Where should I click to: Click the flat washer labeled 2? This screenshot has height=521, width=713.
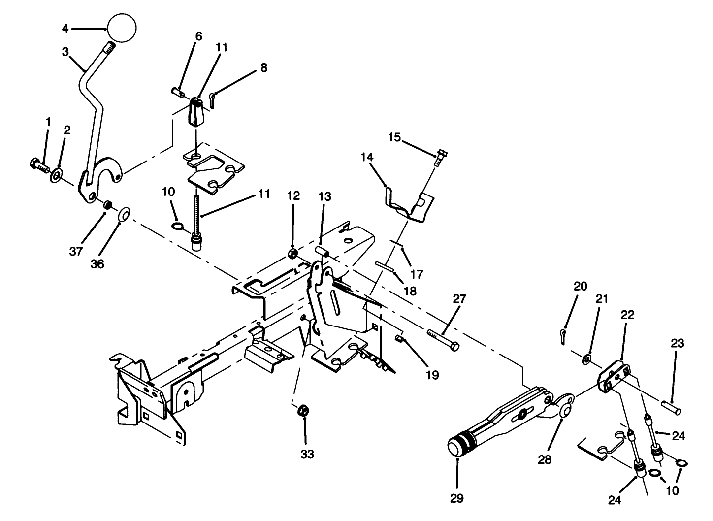(x=56, y=173)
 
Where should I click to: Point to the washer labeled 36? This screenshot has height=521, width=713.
(x=124, y=214)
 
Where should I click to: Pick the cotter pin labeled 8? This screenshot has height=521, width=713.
(x=212, y=98)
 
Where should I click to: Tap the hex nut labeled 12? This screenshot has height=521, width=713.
(x=292, y=254)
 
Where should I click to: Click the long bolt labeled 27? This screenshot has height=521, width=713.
(x=443, y=340)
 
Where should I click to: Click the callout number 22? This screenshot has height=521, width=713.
(x=627, y=314)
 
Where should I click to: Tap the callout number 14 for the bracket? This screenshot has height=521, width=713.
(x=367, y=158)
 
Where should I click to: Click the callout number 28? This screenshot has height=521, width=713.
(x=545, y=460)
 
